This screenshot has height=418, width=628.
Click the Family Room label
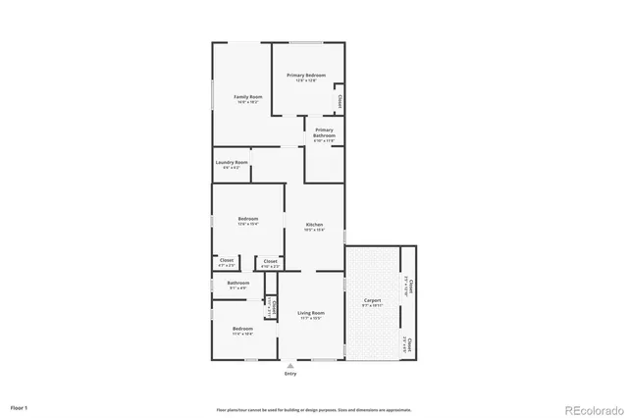pos(247,97)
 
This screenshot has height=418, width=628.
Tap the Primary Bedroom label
pos(306,77)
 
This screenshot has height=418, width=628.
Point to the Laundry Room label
pos(232,163)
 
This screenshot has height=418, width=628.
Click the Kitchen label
pos(314,226)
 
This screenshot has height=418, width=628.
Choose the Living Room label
pos(311,314)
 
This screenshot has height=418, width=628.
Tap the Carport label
pos(373,301)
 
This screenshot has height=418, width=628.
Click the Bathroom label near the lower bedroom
pos(238,284)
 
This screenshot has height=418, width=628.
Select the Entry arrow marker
pos(289,366)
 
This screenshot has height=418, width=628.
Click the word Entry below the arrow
pos(289,374)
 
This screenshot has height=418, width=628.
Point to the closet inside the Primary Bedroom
pos(340,100)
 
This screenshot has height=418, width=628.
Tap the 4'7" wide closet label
pos(226,262)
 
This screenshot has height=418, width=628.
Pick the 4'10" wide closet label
pos(270,262)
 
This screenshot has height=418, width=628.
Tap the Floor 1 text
pos(20,406)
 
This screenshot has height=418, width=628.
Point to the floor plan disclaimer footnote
pos(314,409)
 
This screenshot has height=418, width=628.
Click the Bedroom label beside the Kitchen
pos(247,220)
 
